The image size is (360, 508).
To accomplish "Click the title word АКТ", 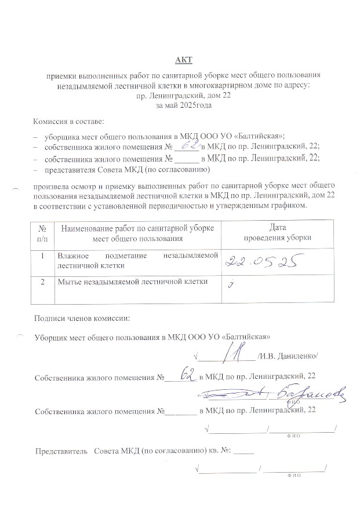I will click(184, 60).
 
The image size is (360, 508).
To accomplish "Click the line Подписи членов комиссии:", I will click(82, 318).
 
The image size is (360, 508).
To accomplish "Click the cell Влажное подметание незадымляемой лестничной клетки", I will click(137, 260).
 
